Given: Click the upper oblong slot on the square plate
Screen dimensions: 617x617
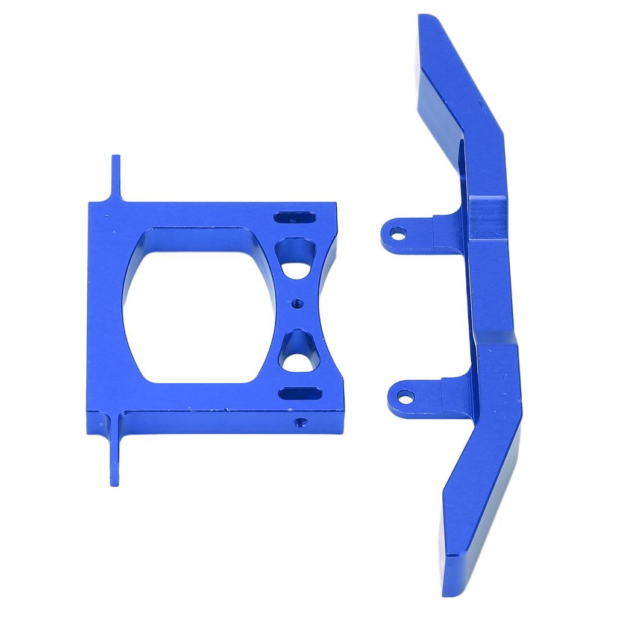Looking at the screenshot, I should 293,218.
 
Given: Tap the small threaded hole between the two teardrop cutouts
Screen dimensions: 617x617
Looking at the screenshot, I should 296,304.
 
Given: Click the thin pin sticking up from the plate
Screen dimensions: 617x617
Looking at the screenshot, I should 115,178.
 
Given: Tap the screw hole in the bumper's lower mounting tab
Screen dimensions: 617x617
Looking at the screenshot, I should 406,397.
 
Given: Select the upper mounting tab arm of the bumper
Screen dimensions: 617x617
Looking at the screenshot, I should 422,232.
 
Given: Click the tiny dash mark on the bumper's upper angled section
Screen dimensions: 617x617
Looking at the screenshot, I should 480,106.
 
